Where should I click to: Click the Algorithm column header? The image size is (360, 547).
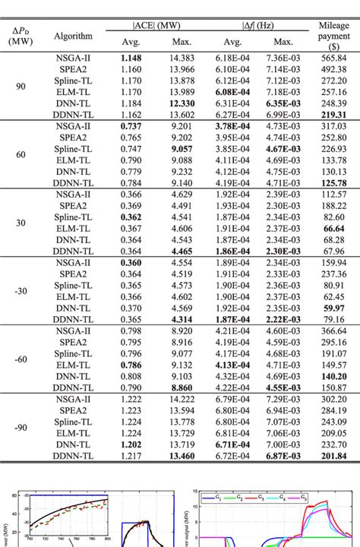[x=74, y=36]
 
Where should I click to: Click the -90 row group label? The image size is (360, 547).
[x=21, y=427]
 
